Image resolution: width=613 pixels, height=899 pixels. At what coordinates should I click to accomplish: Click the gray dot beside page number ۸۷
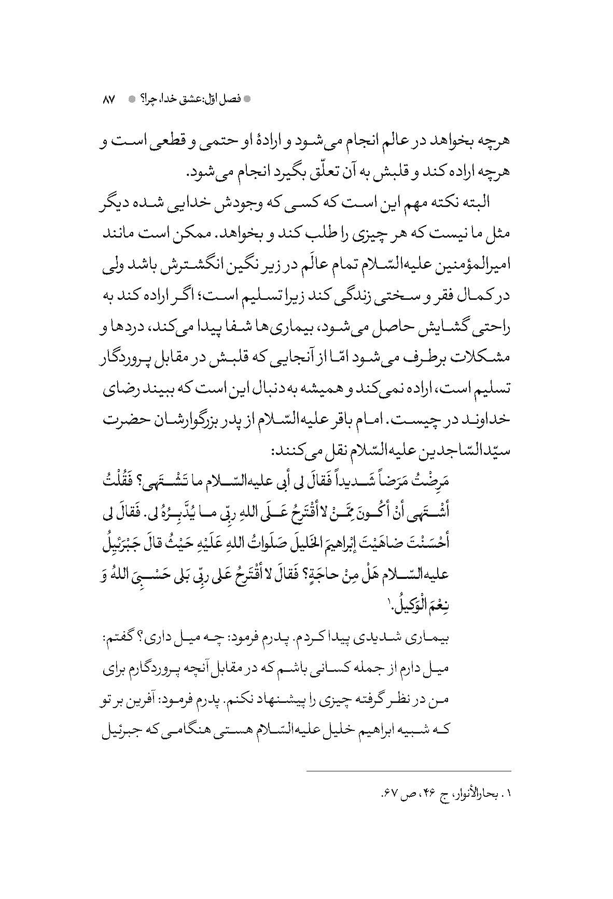[x=131, y=99]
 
